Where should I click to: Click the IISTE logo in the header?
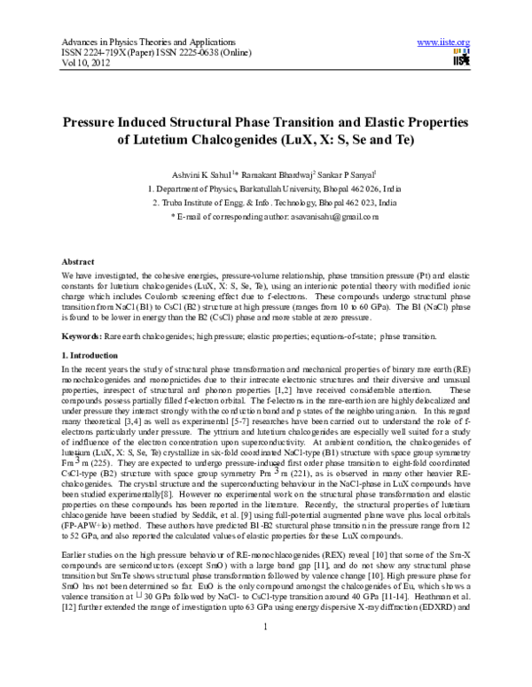(x=460, y=58)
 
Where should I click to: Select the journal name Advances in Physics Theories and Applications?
(x=143, y=42)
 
